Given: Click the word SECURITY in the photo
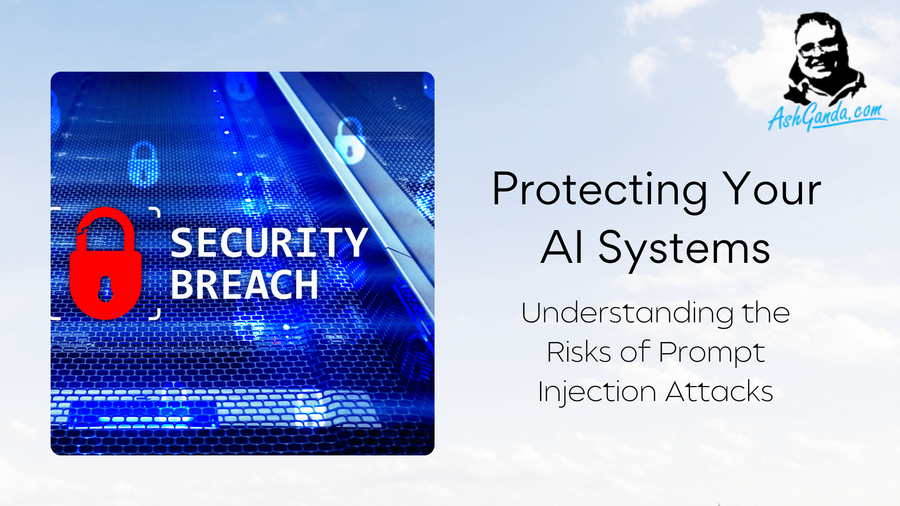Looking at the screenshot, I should [x=269, y=243].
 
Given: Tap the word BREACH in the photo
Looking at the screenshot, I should [x=244, y=284].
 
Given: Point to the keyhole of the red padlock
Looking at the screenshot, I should [x=105, y=288].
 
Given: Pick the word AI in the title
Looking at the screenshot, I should [x=562, y=248].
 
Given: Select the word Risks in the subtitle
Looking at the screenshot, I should [x=579, y=352].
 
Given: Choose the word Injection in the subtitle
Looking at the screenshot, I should [x=597, y=392].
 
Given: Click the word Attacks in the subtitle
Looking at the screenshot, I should [x=719, y=392].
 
